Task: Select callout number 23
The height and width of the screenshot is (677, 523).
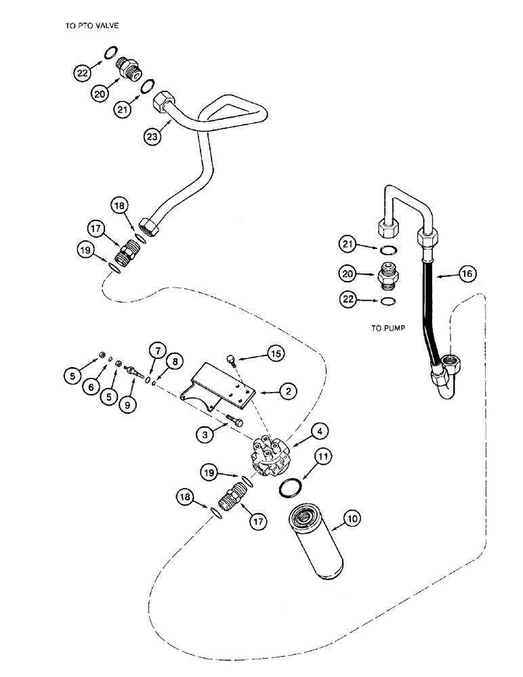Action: (x=154, y=137)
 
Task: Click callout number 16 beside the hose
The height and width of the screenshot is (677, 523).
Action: (x=466, y=274)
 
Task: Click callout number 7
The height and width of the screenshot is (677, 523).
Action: (x=156, y=350)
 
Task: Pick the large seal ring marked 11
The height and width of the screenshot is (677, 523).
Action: (x=293, y=487)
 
